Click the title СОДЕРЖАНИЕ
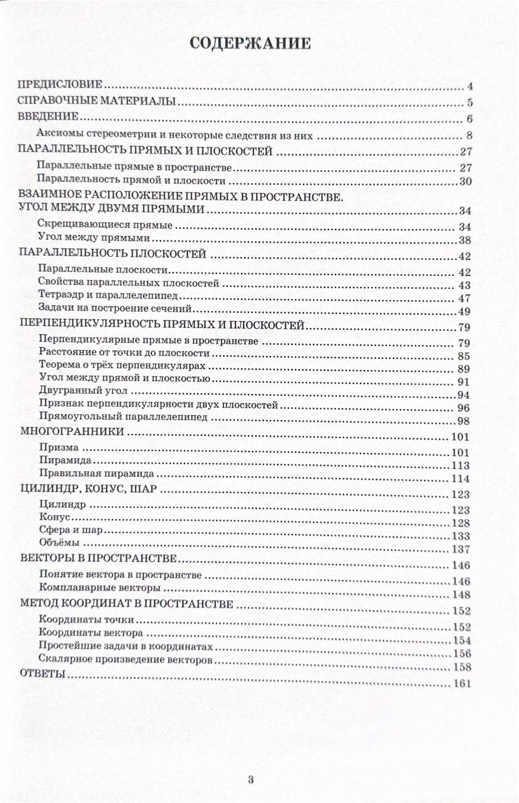click(250, 43)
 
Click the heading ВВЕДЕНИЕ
click(48, 117)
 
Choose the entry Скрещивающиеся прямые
click(105, 225)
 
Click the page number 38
click(465, 240)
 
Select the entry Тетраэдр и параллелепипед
click(108, 295)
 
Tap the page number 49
click(464, 311)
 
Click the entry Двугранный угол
click(83, 391)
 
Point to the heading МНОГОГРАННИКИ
click(72, 431)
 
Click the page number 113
click(461, 466)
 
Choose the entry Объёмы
click(59, 543)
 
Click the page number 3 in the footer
click(251, 755)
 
